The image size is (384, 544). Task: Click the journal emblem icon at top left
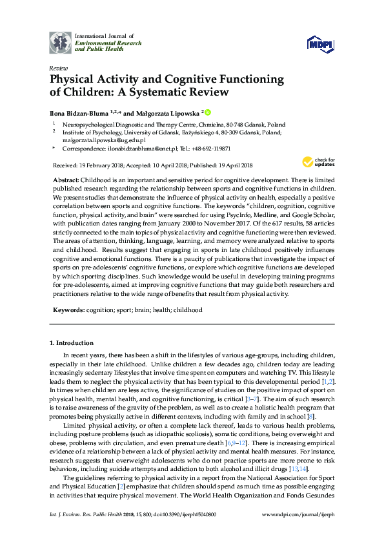point(61,42)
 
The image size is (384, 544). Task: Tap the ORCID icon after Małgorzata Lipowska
point(208,112)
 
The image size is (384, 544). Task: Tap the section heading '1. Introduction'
point(72,342)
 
